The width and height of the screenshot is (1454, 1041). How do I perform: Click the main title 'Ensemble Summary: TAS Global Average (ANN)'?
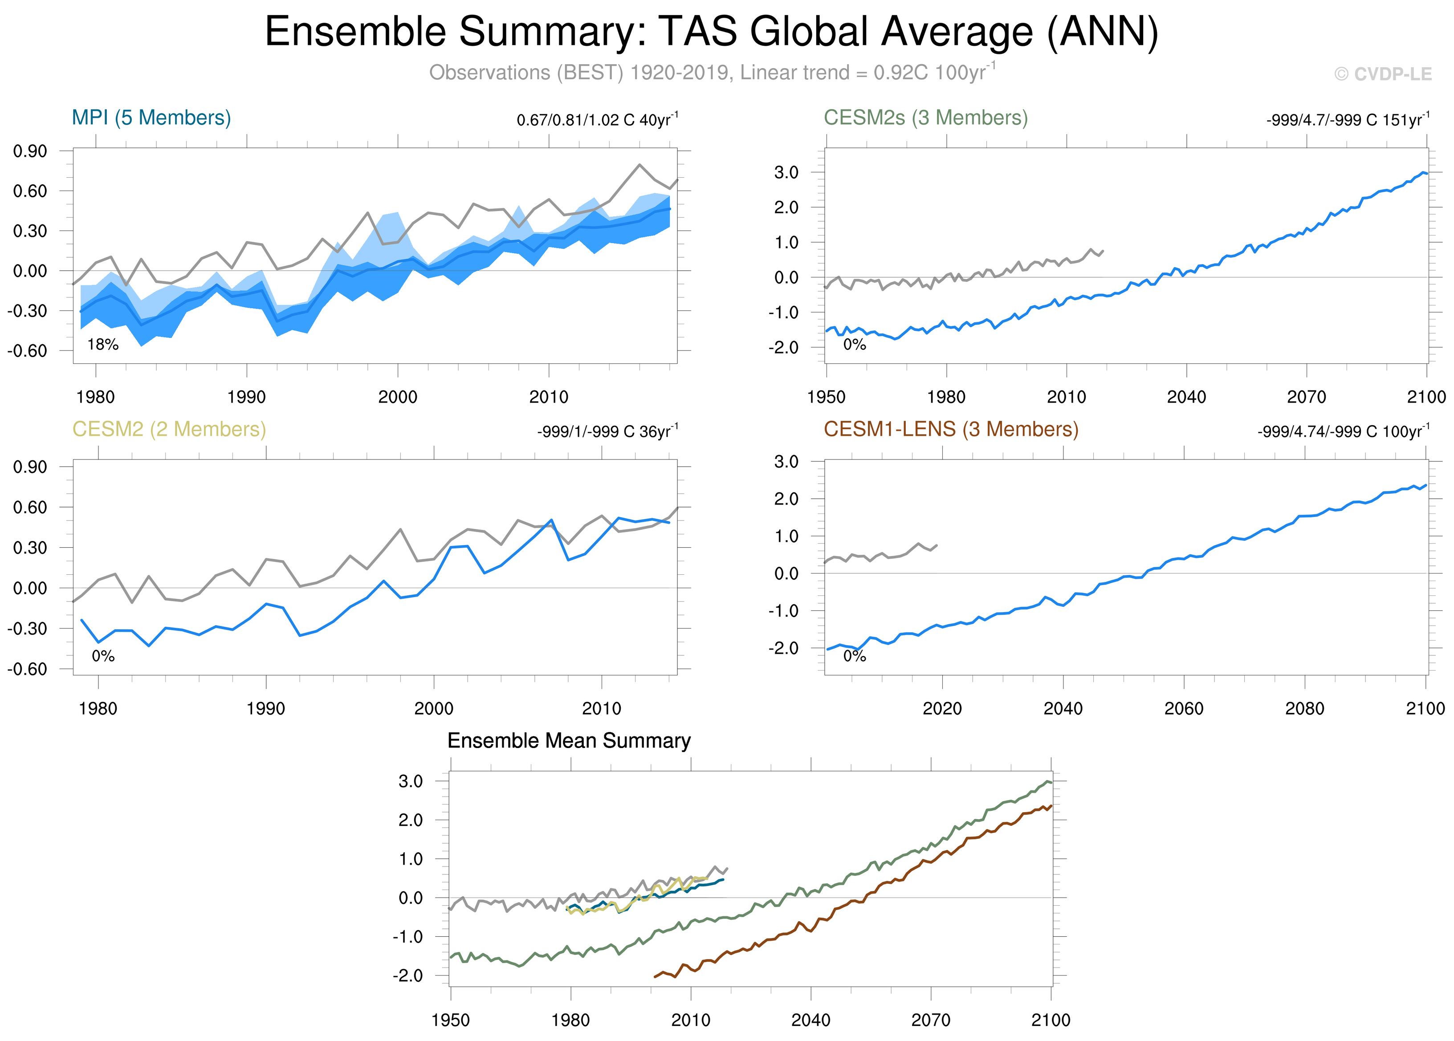[712, 32]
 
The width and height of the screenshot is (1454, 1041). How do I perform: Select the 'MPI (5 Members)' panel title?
[151, 118]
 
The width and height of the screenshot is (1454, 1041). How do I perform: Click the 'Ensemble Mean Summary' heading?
[569, 740]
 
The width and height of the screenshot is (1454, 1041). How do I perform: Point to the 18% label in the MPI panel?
[102, 345]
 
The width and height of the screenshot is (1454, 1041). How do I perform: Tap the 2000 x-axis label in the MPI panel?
[398, 397]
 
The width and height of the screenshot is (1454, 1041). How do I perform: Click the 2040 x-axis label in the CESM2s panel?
[1186, 397]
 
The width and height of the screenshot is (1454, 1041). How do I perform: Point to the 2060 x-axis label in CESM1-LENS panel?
[1183, 708]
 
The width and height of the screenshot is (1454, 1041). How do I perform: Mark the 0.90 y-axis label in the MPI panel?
[30, 151]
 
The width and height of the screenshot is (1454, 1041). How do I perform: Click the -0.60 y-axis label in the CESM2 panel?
[28, 669]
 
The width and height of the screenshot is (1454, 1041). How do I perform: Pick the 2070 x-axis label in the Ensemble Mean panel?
[931, 1020]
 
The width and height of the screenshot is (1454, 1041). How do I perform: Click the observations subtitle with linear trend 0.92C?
[712, 73]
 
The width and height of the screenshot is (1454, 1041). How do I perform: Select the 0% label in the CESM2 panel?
[102, 656]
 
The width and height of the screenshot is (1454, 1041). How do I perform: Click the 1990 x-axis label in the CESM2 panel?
[265, 708]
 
